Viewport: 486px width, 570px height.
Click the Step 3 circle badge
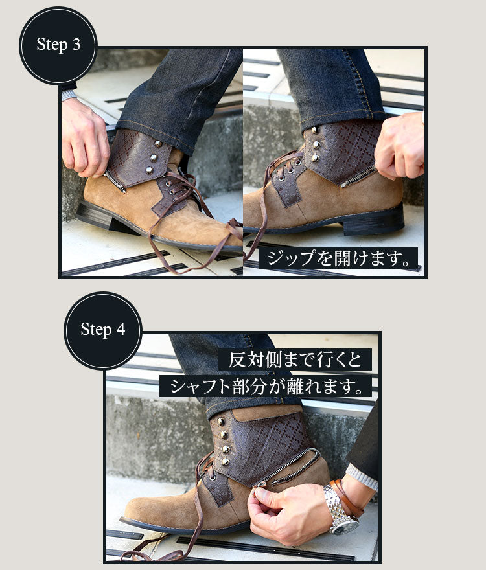coord(58,46)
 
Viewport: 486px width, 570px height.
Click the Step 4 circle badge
coord(103,330)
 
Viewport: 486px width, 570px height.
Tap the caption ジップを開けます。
coord(338,258)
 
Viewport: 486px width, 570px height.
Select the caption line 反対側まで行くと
coord(295,359)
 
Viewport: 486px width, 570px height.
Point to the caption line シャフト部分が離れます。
coord(266,386)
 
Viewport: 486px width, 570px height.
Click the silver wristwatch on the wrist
coord(340,509)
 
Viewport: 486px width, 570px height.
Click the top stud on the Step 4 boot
coord(220,422)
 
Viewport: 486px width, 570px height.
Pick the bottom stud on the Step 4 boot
coord(225,462)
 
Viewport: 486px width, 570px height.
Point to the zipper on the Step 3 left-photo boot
coord(115,181)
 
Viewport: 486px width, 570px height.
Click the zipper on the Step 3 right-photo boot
coord(358,177)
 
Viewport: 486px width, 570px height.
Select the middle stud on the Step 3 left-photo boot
coord(154,157)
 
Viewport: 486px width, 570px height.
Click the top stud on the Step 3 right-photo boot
coord(314,130)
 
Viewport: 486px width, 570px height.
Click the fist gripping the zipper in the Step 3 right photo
coord(399,146)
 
